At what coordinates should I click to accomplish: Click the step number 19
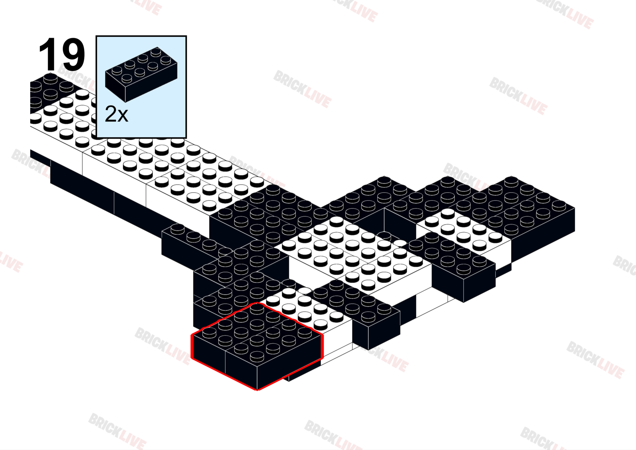62,55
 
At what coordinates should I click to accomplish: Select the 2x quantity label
116,114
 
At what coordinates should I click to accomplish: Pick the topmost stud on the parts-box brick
156,52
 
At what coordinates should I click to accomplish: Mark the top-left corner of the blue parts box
96,36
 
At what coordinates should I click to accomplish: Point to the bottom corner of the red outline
257,389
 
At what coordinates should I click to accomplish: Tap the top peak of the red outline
257,303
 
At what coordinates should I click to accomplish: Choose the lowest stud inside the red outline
257,356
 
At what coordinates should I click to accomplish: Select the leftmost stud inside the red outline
209,332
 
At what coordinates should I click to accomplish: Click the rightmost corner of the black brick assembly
574,208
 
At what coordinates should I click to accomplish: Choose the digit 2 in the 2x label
110,114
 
